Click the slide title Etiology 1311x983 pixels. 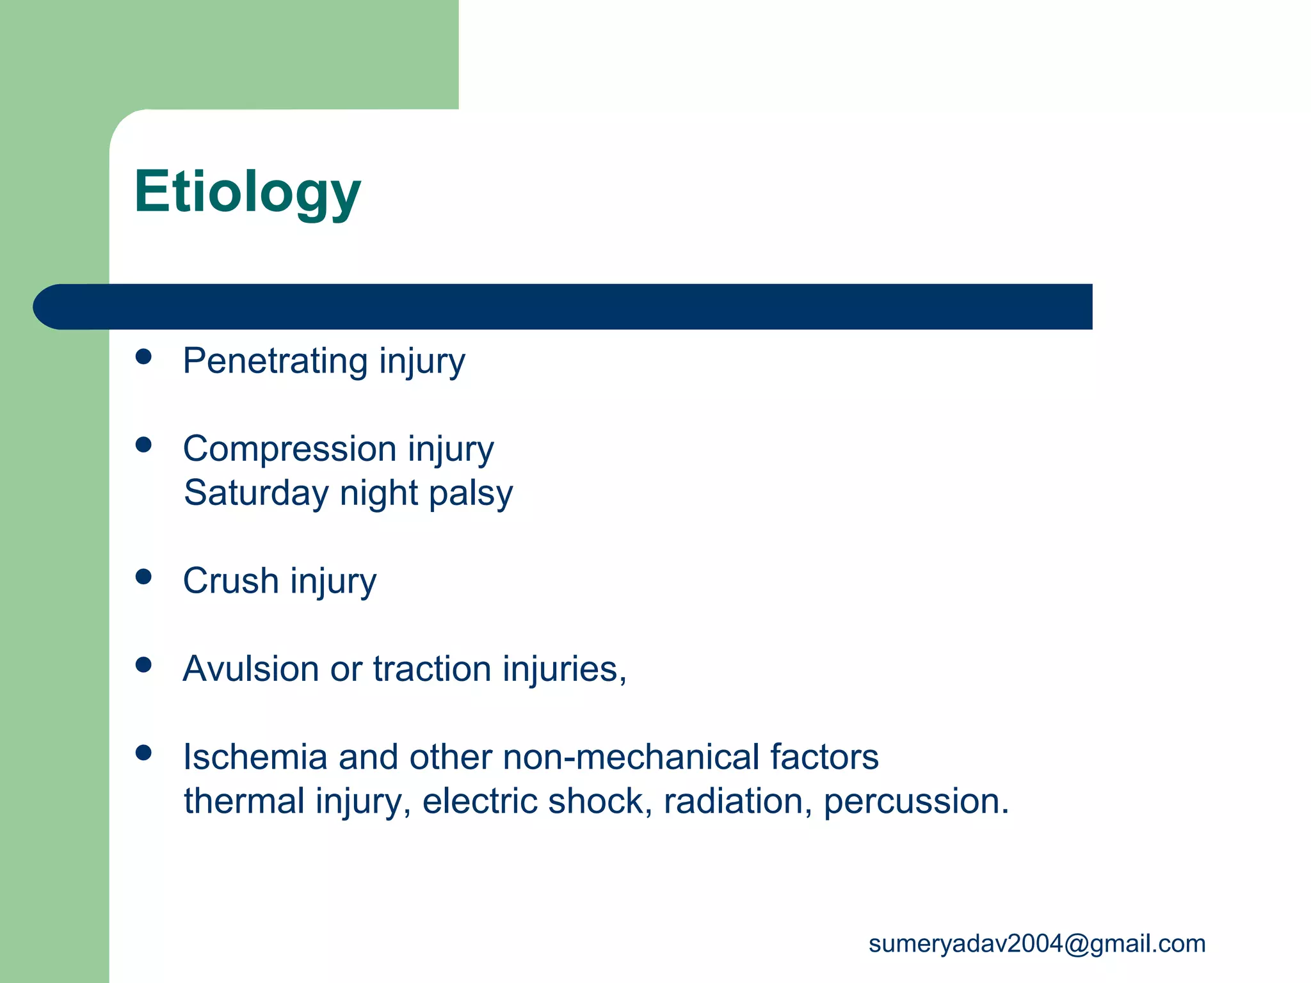(x=247, y=192)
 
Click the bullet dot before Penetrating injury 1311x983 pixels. (x=143, y=357)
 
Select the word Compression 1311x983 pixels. (x=289, y=449)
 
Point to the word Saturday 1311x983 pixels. (x=256, y=493)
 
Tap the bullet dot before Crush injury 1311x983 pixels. (x=143, y=577)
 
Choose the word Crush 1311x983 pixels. (x=230, y=581)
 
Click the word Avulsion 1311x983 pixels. (x=251, y=669)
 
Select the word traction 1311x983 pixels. (x=432, y=669)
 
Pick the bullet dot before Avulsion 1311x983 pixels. (x=143, y=666)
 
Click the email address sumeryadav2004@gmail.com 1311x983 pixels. (x=1036, y=944)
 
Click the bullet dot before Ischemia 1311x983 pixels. (x=143, y=753)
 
